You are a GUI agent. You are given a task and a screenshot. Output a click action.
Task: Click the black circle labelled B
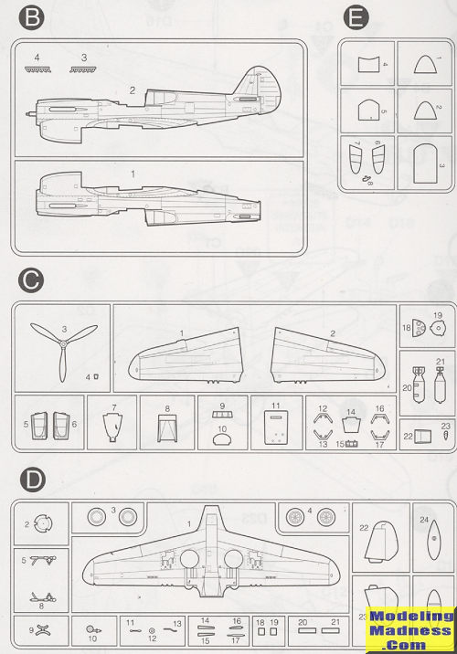(x=32, y=19)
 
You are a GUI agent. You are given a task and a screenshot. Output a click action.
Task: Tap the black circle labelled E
(x=356, y=19)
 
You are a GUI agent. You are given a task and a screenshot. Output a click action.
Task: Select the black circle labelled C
(x=32, y=280)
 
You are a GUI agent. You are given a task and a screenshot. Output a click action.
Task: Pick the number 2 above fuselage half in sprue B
(x=133, y=90)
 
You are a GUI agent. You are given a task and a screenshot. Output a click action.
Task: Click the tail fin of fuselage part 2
(x=255, y=82)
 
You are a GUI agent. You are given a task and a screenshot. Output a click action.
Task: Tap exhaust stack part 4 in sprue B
(x=38, y=69)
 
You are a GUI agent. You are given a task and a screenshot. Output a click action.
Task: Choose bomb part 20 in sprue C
(x=419, y=385)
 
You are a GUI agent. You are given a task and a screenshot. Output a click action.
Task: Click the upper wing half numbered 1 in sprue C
(x=186, y=355)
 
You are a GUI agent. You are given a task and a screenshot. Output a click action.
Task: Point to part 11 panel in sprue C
(x=276, y=428)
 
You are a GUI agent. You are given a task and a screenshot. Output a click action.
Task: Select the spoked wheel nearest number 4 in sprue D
(x=326, y=518)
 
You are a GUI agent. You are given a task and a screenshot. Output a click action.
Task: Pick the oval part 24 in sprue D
(x=434, y=539)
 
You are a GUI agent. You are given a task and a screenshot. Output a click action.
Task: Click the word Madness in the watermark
(x=409, y=630)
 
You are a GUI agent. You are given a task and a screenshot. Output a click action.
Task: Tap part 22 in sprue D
(x=381, y=542)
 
